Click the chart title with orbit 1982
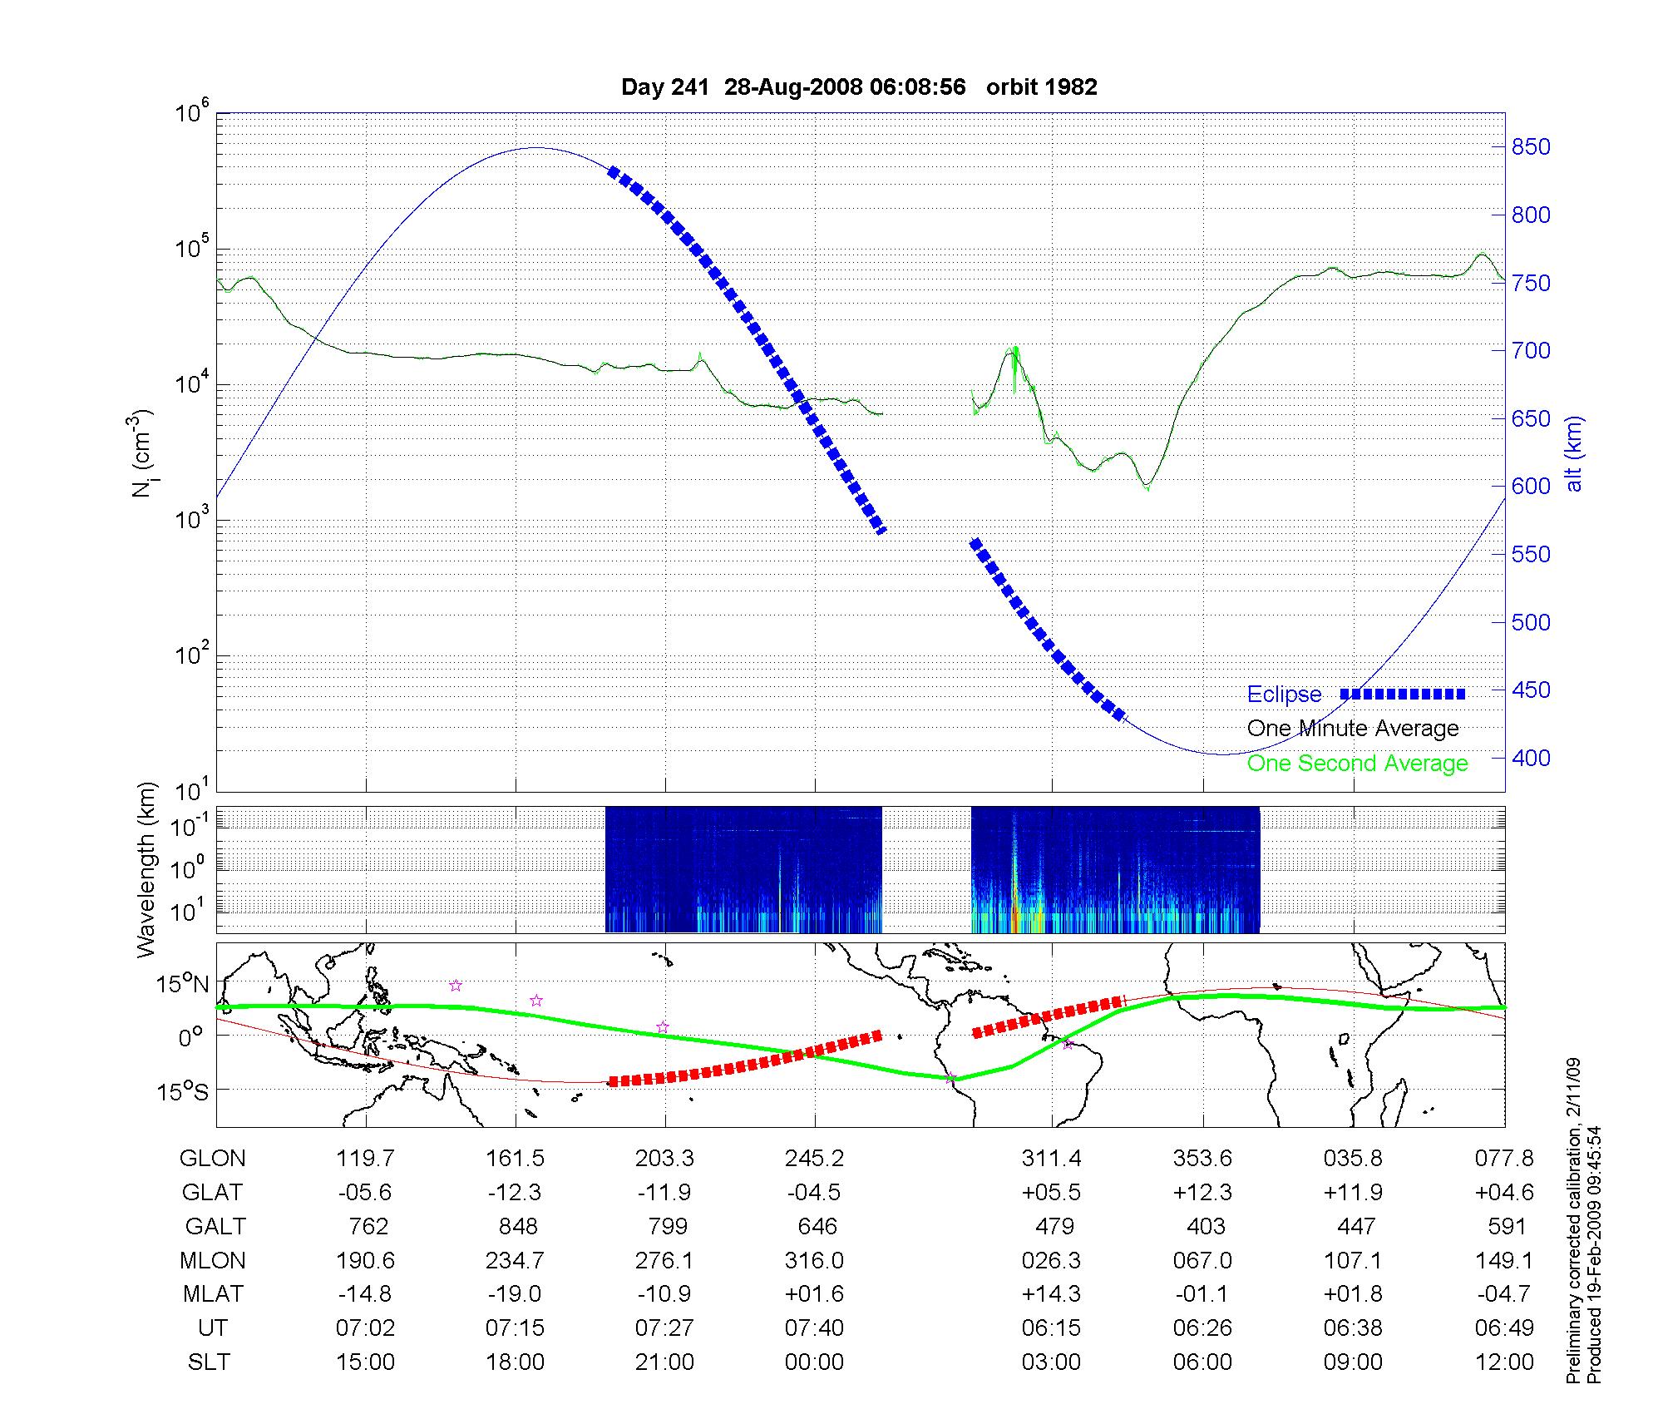[x=859, y=87]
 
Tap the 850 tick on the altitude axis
[x=1531, y=147]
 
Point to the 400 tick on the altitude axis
[x=1531, y=758]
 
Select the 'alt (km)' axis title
[x=1574, y=453]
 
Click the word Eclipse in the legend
[x=1284, y=695]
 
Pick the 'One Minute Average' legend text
[x=1353, y=729]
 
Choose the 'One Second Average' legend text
[x=1357, y=764]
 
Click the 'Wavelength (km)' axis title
[x=147, y=870]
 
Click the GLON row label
[x=213, y=1158]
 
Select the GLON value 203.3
[x=664, y=1158]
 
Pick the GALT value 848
[x=516, y=1226]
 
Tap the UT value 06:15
[x=1051, y=1328]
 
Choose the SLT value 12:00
[x=1503, y=1362]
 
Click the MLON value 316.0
[x=814, y=1260]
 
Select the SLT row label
[x=209, y=1362]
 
